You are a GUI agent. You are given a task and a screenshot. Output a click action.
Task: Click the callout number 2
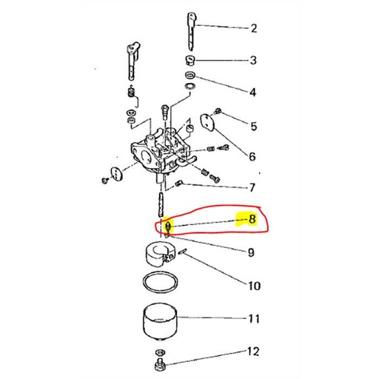point(254,29)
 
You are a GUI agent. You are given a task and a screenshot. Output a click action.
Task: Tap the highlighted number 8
point(252,219)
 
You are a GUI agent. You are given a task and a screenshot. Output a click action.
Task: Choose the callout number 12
point(254,350)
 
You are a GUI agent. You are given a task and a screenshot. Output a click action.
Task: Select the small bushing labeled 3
point(189,60)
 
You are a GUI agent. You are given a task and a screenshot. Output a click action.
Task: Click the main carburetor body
point(159,144)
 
